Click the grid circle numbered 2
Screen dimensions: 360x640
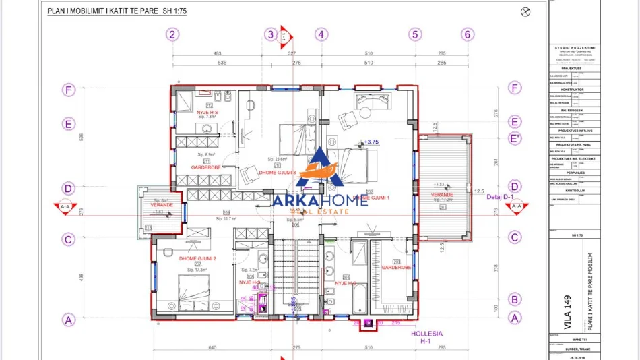[x=172, y=34]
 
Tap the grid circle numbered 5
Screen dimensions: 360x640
[x=415, y=34]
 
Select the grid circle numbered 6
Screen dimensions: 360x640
[x=468, y=34]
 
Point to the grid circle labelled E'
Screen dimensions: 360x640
[x=515, y=138]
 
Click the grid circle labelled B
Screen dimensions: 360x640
[x=515, y=299]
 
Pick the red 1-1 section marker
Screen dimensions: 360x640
[x=284, y=35]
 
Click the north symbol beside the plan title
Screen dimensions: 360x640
[x=526, y=11]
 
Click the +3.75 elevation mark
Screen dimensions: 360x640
[x=371, y=142]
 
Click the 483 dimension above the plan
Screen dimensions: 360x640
[x=218, y=53]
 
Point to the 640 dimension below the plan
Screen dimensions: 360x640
[x=214, y=347]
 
